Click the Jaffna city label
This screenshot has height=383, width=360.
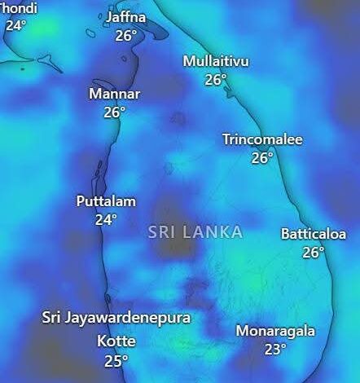coord(126,17)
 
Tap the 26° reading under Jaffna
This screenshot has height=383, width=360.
coord(126,35)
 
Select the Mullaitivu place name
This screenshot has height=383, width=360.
coord(216,62)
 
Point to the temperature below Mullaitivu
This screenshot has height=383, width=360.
coord(216,80)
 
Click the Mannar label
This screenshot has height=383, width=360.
coord(114,94)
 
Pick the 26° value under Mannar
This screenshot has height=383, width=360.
coord(114,112)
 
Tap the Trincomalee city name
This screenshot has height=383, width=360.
coord(262,139)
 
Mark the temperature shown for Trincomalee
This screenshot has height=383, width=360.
coord(262,158)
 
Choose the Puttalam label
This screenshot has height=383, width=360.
coord(106,201)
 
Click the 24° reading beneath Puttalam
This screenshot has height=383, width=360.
coord(106,219)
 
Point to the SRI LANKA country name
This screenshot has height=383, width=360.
coord(195,232)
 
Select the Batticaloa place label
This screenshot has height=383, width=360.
coord(314,234)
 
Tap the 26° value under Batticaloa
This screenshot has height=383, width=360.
coord(314,252)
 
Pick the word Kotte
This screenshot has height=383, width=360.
coord(116,341)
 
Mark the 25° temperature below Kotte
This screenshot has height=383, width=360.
coord(116,359)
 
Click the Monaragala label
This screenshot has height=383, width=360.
coord(275,331)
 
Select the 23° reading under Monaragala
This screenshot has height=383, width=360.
coord(275,350)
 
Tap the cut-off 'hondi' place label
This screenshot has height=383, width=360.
coord(20,7)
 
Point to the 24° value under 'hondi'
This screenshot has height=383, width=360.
coord(16,24)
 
